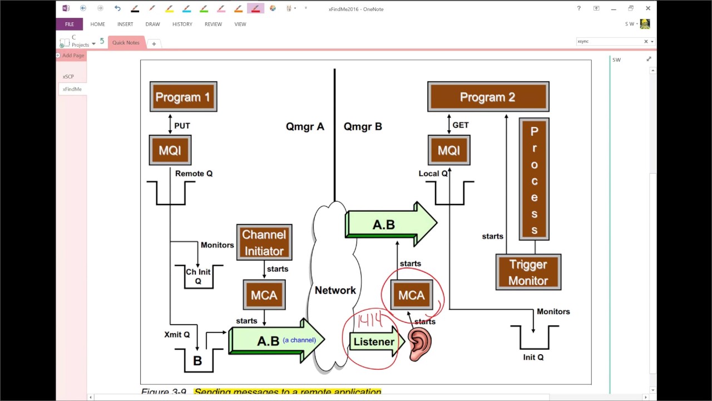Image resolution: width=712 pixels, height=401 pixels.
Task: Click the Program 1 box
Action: click(x=183, y=97)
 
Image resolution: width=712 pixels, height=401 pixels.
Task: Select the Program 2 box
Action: click(x=488, y=97)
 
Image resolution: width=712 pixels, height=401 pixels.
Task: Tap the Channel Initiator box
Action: click(x=264, y=242)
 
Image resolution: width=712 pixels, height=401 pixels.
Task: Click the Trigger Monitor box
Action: click(x=528, y=272)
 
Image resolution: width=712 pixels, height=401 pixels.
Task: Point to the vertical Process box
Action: click(x=534, y=179)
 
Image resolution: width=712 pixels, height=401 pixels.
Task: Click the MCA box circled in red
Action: click(x=412, y=295)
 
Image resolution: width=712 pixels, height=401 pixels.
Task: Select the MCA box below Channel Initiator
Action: click(x=264, y=295)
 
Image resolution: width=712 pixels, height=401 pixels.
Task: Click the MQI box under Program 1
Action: click(x=170, y=150)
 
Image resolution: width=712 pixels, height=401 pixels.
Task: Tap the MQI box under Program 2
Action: click(x=449, y=150)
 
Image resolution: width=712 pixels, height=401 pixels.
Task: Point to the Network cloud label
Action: click(x=335, y=290)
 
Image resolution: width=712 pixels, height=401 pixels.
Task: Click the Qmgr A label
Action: click(x=305, y=126)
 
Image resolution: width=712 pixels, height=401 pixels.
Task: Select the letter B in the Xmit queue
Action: click(x=197, y=361)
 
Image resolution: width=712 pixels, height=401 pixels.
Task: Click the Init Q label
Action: click(x=533, y=357)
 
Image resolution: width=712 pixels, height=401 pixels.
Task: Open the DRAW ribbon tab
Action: click(x=152, y=24)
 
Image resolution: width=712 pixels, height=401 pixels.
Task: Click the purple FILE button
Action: click(x=69, y=24)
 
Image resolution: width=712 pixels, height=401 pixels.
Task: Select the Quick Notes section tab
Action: click(x=126, y=42)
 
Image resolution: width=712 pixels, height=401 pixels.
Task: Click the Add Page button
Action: click(x=71, y=55)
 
